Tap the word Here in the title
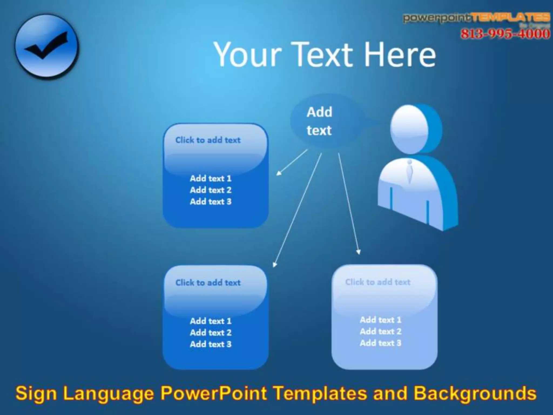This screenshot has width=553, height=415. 400,55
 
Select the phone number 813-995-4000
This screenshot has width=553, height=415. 505,34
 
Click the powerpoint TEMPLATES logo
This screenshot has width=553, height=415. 477,18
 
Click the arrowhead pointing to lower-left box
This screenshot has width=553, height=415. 274,264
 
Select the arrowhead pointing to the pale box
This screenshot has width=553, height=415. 358,252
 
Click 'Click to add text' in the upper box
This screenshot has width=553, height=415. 208,140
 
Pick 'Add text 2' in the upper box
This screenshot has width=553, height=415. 211,190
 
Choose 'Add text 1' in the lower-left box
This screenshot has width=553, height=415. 211,321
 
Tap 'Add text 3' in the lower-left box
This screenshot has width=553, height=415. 211,344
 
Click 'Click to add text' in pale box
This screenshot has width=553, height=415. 377,282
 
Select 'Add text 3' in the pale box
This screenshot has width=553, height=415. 380,343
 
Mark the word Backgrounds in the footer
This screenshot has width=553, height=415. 475,393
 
